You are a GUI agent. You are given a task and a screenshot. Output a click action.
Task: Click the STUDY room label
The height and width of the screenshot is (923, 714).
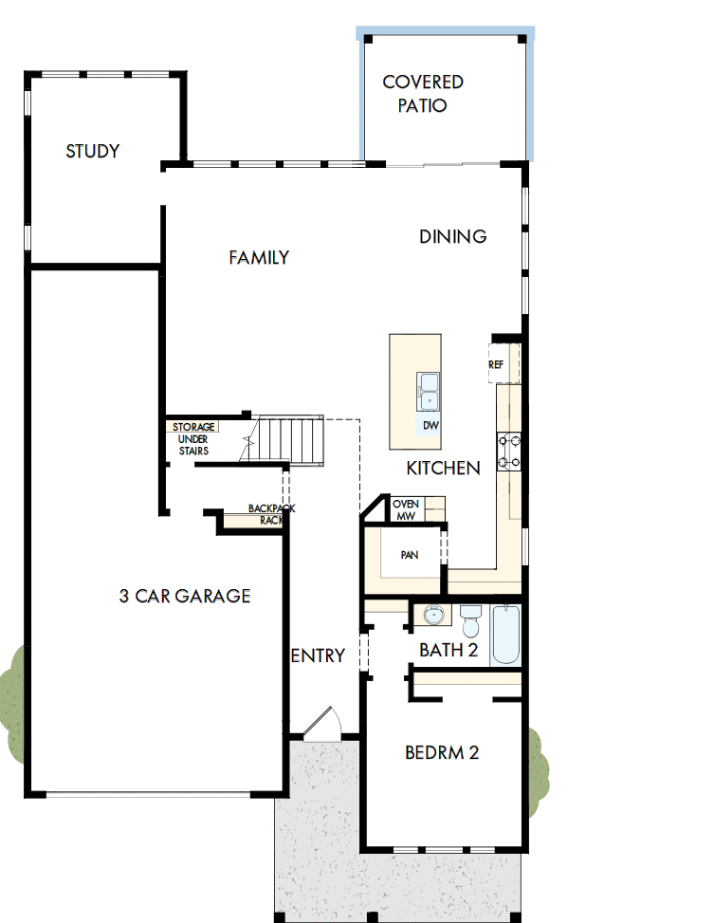click(x=92, y=151)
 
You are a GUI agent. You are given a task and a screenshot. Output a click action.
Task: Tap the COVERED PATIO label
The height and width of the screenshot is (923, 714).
click(x=423, y=94)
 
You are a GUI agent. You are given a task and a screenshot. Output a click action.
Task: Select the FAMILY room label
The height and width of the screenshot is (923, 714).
click(x=259, y=257)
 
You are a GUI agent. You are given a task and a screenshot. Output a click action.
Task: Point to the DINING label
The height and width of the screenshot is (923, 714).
click(x=453, y=236)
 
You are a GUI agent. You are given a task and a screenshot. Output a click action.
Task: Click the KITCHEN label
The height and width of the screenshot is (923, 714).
click(x=443, y=468)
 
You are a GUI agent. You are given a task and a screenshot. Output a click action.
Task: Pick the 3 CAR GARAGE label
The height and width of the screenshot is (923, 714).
click(x=185, y=596)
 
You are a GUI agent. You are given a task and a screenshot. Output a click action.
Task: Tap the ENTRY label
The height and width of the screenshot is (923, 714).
click(x=318, y=655)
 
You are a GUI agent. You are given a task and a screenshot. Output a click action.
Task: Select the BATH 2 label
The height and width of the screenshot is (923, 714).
click(x=449, y=650)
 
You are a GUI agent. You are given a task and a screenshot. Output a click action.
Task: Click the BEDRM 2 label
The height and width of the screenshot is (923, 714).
click(x=442, y=752)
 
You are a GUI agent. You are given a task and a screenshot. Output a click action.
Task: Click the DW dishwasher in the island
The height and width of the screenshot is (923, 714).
click(x=430, y=425)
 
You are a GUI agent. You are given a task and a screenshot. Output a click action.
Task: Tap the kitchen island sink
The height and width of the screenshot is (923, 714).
click(x=429, y=386)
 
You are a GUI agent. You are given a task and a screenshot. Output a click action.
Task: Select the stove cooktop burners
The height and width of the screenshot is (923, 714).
click(x=509, y=452)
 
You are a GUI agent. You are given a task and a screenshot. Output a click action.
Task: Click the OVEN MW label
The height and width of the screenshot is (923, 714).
click(x=406, y=509)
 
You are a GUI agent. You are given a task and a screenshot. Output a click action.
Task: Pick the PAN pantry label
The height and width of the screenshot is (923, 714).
click(x=409, y=555)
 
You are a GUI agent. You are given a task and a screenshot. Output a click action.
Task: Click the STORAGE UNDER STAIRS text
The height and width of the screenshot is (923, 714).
click(x=193, y=439)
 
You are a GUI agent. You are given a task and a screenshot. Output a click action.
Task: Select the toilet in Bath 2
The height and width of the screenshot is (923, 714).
click(x=470, y=621)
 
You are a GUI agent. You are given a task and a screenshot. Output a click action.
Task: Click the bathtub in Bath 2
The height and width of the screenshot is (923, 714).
click(x=506, y=635)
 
